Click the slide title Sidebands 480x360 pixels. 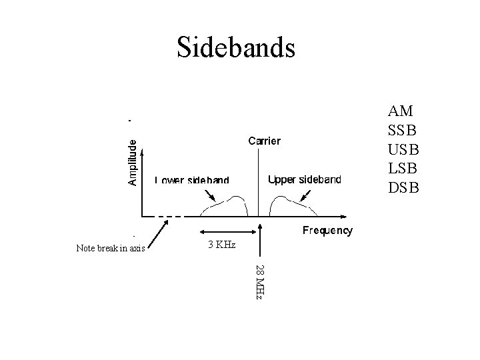click(x=235, y=47)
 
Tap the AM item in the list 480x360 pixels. click(x=401, y=111)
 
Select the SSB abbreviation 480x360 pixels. click(x=402, y=129)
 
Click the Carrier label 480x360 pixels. click(x=264, y=141)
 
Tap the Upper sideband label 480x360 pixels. click(x=304, y=179)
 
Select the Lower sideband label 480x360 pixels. click(x=192, y=180)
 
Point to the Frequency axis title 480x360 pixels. click(x=327, y=231)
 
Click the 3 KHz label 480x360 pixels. click(x=221, y=245)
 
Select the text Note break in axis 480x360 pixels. click(x=111, y=249)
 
